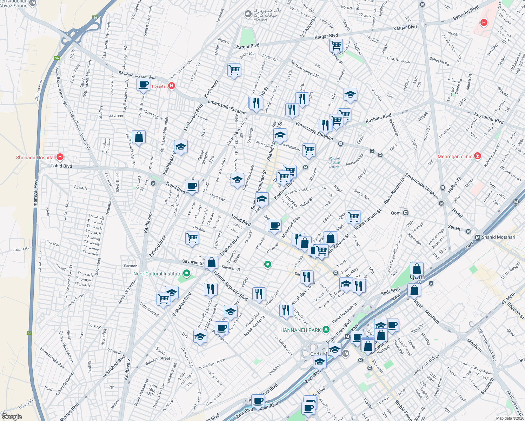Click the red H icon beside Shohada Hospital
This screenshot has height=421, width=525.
pyautogui.click(x=60, y=157)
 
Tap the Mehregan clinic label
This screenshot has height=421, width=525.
pyautogui.click(x=454, y=156)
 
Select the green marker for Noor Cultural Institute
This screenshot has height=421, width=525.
pyautogui.click(x=187, y=273)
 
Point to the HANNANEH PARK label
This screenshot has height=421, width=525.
pyautogui.click(x=300, y=330)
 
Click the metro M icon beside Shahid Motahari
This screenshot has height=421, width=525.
pyautogui.click(x=477, y=237)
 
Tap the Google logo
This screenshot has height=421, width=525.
pyautogui.click(x=12, y=417)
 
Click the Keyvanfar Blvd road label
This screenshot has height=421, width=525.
pyautogui.click(x=489, y=118)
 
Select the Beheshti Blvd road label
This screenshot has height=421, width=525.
pyautogui.click(x=466, y=13)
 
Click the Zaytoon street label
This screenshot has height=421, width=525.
pyautogui.click(x=116, y=116)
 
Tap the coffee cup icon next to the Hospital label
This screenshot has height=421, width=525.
pyautogui.click(x=143, y=85)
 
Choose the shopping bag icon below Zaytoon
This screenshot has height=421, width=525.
pyautogui.click(x=139, y=137)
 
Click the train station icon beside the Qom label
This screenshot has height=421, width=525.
pyautogui.click(x=406, y=213)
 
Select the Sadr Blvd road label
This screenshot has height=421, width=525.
pyautogui.click(x=390, y=291)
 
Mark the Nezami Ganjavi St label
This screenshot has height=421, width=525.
pyautogui.click(x=305, y=69)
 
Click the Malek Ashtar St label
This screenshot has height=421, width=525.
pyautogui.click(x=255, y=326)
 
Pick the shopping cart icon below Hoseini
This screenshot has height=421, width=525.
pyautogui.click(x=192, y=238)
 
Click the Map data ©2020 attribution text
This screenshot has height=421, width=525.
pyautogui.click(x=510, y=418)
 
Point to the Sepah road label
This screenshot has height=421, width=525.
pyautogui.click(x=454, y=228)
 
